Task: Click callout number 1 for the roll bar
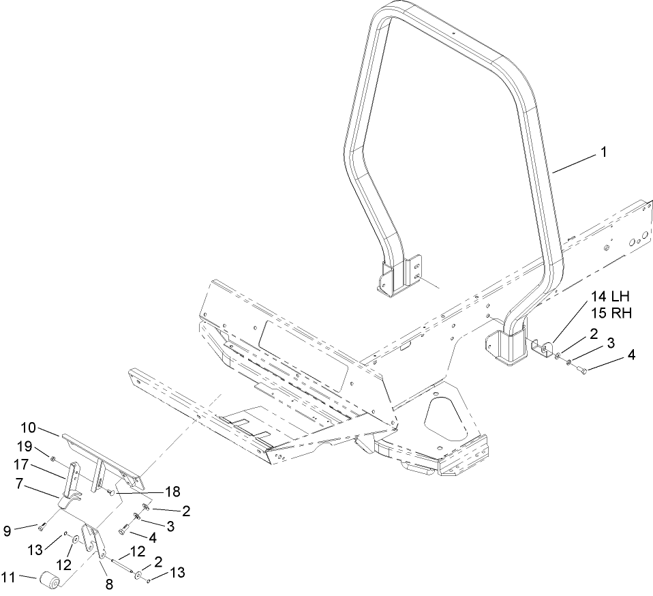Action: [603, 153]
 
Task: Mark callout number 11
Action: [9, 578]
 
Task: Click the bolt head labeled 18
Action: [110, 491]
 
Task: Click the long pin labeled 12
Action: [117, 561]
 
